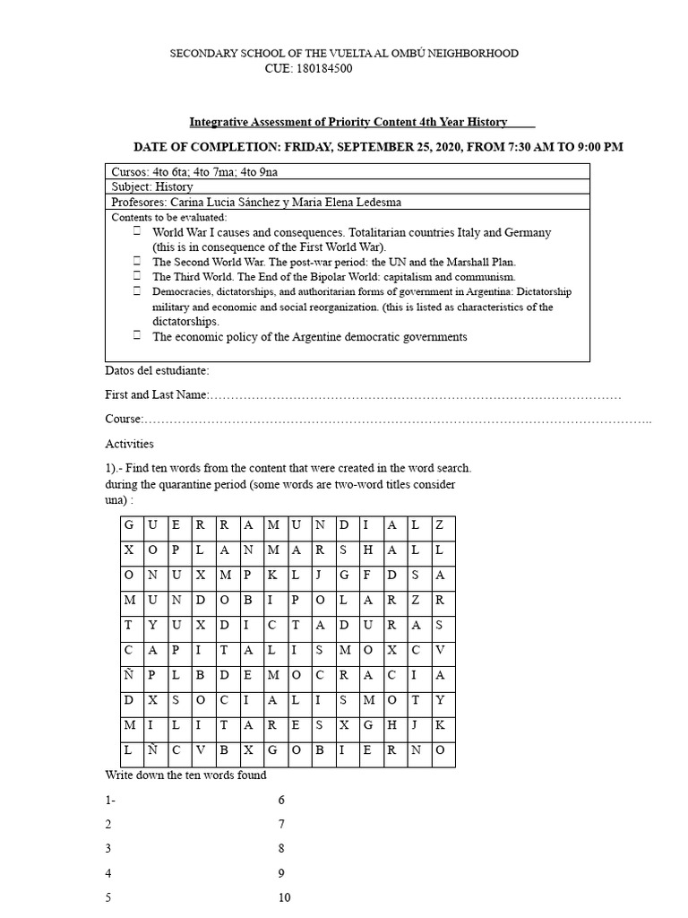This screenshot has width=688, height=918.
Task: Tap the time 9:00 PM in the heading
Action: click(x=592, y=147)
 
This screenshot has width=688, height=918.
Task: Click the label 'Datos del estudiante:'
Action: click(x=158, y=370)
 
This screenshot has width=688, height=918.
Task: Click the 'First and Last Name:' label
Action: click(x=157, y=394)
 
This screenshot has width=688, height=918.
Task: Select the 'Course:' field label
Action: click(x=125, y=419)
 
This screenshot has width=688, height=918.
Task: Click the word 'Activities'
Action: click(x=129, y=444)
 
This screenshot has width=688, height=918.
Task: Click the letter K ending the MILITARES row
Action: click(x=440, y=724)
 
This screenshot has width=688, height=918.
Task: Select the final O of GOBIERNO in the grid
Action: click(x=440, y=749)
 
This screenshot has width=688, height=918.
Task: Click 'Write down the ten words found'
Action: click(x=185, y=775)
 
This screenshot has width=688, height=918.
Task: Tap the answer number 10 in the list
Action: click(x=285, y=897)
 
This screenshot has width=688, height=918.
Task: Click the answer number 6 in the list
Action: click(x=281, y=800)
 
